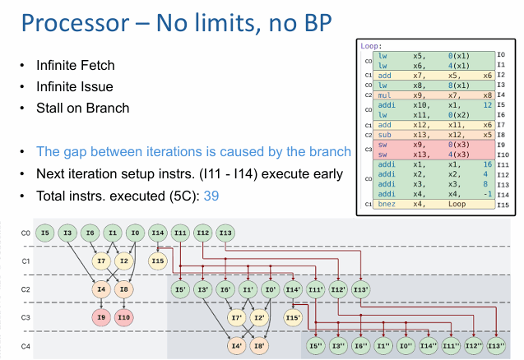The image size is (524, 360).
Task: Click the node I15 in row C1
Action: pyautogui.click(x=158, y=261)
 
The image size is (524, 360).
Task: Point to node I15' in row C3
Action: pyautogui.click(x=292, y=316)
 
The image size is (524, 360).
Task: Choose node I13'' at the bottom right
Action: pyautogui.click(x=496, y=345)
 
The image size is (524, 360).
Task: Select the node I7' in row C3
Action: pyautogui.click(x=236, y=316)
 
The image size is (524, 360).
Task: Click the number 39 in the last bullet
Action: pyautogui.click(x=211, y=197)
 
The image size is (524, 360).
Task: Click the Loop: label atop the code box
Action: pyautogui.click(x=370, y=47)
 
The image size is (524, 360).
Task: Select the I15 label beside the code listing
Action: pyautogui.click(x=501, y=204)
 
